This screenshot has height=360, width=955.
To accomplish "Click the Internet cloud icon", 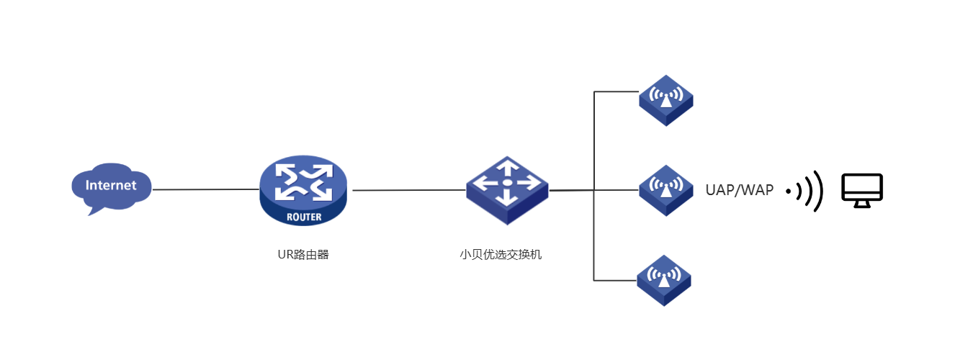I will click(112, 189).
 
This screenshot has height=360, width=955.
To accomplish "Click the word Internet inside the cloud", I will click(111, 185).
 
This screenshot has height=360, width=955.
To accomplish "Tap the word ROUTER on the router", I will click(304, 217).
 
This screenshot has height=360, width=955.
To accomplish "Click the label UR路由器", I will click(303, 254).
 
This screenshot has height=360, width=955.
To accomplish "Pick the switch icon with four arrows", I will click(507, 189).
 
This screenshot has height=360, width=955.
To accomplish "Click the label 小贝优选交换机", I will click(501, 254).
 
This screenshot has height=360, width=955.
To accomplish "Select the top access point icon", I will click(665, 99).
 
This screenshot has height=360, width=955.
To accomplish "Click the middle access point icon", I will click(665, 190).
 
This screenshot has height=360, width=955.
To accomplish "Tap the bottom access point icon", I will click(664, 279).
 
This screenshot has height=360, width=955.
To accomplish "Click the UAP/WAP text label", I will click(740, 190).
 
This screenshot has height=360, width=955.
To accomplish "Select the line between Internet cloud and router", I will click(206, 189).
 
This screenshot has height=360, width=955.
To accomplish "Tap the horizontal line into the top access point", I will click(617, 92).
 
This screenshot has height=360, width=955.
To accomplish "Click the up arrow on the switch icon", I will click(507, 168).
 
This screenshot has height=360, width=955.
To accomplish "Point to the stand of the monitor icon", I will click(862, 204).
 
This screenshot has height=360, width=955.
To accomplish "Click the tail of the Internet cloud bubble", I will click(91, 210).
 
